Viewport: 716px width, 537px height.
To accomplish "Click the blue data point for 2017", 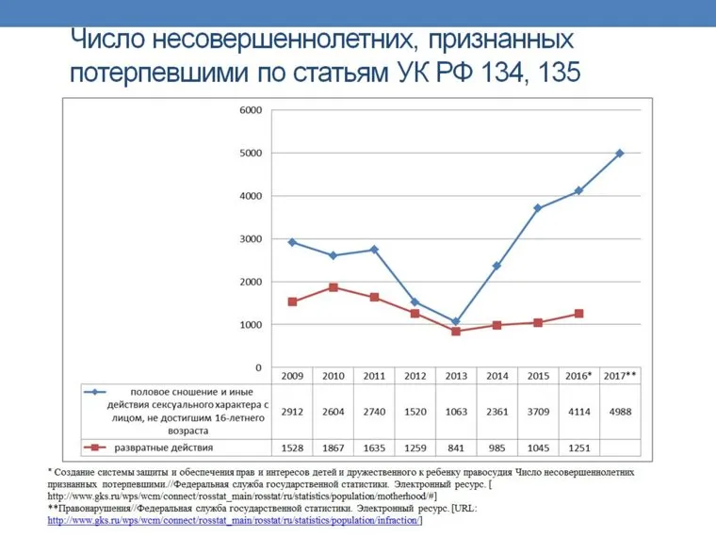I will pos(620,153).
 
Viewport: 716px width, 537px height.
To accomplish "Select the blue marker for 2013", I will pos(456,322).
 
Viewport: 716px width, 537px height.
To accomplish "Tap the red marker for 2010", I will pos(333,287).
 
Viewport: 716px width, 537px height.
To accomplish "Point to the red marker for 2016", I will pos(578,314).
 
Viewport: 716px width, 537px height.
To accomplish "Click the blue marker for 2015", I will pos(538,208).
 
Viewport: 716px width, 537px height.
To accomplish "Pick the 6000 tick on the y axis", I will pos(250,110).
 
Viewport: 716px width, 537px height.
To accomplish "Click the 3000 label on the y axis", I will pos(250,239).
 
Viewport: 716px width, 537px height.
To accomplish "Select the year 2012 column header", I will pos(415,376).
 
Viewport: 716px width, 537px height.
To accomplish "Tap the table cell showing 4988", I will pos(620,412).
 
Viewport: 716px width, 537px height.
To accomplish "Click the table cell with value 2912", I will pos(291,412).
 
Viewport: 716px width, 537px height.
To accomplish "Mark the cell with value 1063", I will pos(456,412).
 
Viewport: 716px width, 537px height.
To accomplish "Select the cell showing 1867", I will pos(333,447).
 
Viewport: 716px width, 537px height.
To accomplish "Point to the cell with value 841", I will pos(456,447).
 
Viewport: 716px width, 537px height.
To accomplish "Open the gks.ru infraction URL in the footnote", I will pos(236,520).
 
